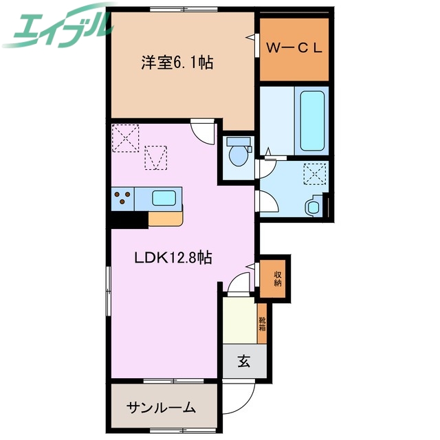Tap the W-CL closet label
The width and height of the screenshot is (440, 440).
294,49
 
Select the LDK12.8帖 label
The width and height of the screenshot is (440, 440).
172,258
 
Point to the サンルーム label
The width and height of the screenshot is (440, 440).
161,408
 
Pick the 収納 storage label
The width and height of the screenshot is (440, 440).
278,278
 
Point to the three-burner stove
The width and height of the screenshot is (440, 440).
123,199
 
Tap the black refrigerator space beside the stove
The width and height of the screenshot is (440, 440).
128,219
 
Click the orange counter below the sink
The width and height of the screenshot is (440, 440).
166,219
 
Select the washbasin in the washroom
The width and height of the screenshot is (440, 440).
313,206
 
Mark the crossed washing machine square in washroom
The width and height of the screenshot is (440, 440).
315,175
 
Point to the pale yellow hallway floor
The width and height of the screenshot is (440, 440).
239,319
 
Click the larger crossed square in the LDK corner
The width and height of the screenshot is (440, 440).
126,137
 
